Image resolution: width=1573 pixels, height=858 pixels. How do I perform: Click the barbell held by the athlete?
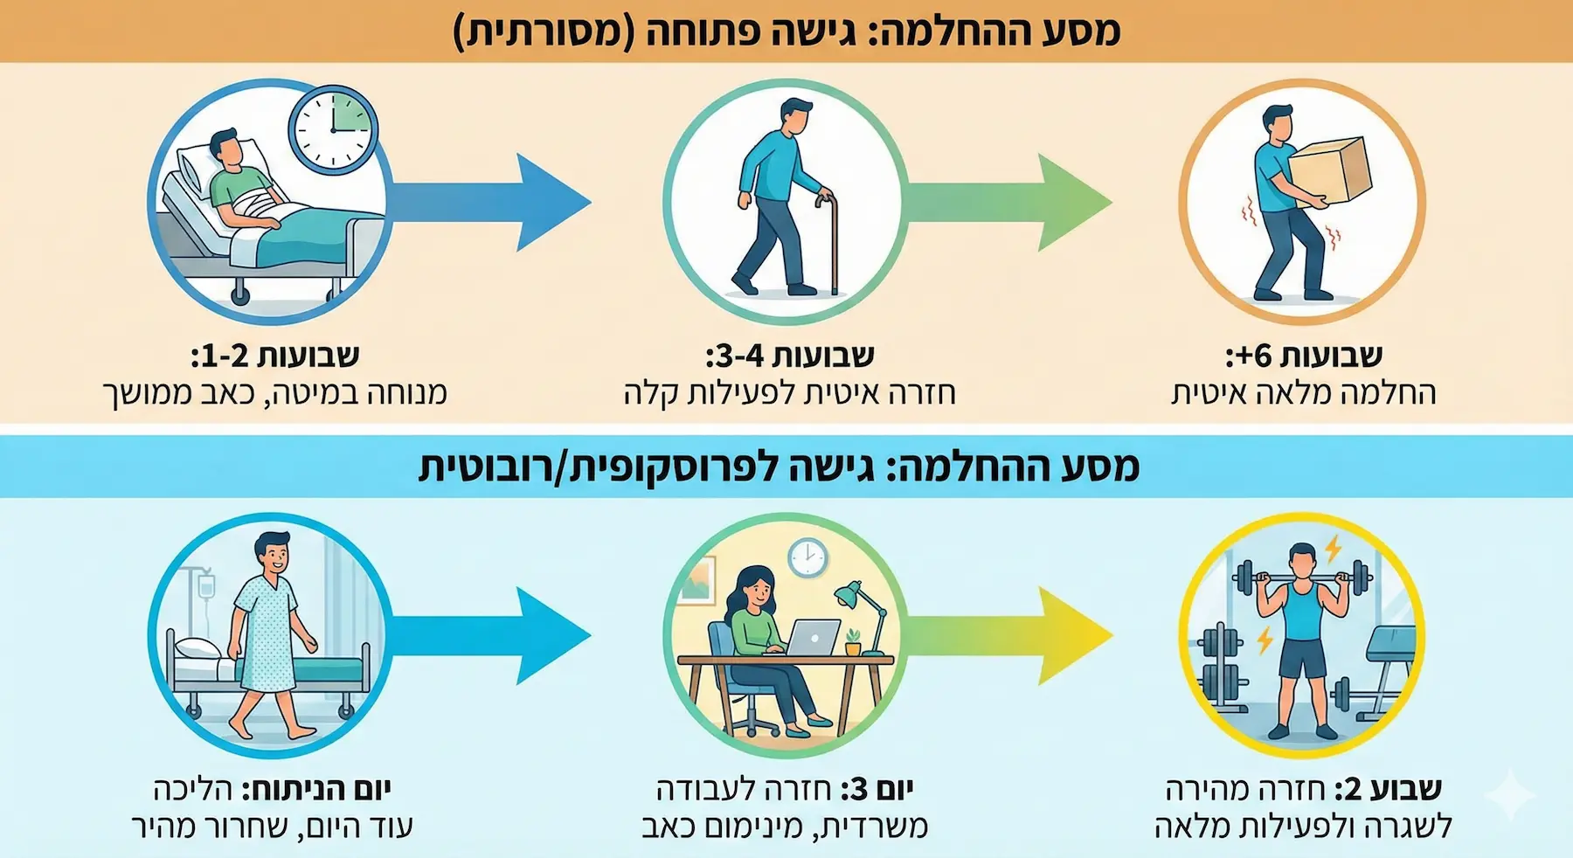[x=1302, y=577]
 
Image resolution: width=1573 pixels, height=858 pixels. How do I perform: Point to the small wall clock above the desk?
[x=807, y=557]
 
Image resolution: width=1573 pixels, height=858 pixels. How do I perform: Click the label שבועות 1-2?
[x=274, y=356]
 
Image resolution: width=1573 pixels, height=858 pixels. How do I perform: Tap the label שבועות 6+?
[x=1303, y=356]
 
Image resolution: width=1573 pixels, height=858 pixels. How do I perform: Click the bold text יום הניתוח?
[x=316, y=790]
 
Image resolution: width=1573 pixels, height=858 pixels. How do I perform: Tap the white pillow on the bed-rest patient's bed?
[x=197, y=169]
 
